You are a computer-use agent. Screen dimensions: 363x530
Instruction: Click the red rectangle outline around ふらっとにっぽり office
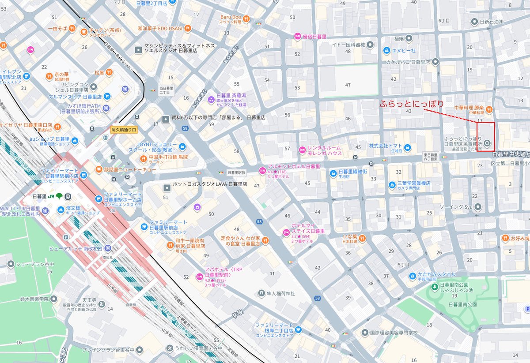[486, 136]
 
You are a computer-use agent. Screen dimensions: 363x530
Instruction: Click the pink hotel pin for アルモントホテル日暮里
[262, 170]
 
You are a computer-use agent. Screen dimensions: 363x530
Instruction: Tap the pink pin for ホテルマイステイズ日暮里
[286, 232]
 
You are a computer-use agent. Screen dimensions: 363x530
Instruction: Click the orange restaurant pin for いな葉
[363, 238]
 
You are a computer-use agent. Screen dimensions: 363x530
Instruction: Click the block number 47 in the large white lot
[348, 84]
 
